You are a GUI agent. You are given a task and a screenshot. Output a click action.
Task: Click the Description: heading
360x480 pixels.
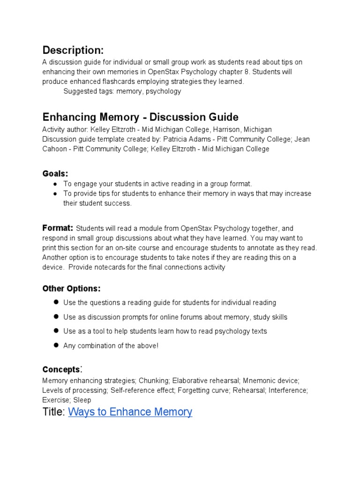(73, 50)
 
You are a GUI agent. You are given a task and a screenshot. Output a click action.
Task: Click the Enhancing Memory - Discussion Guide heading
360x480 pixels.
(140, 117)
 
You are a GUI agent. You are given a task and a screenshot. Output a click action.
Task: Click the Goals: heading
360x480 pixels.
(55, 174)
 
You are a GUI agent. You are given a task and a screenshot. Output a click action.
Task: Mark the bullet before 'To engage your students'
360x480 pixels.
(55, 184)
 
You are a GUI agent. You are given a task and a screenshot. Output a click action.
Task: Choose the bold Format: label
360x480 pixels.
(58, 228)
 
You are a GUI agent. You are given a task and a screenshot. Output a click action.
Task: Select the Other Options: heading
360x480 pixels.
(71, 288)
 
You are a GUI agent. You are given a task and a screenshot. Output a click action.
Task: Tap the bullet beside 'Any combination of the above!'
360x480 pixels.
(55, 345)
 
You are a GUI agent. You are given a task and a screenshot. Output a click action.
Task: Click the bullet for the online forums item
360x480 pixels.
(55, 316)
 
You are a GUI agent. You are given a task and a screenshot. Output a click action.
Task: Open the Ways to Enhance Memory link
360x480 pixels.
(130, 412)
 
